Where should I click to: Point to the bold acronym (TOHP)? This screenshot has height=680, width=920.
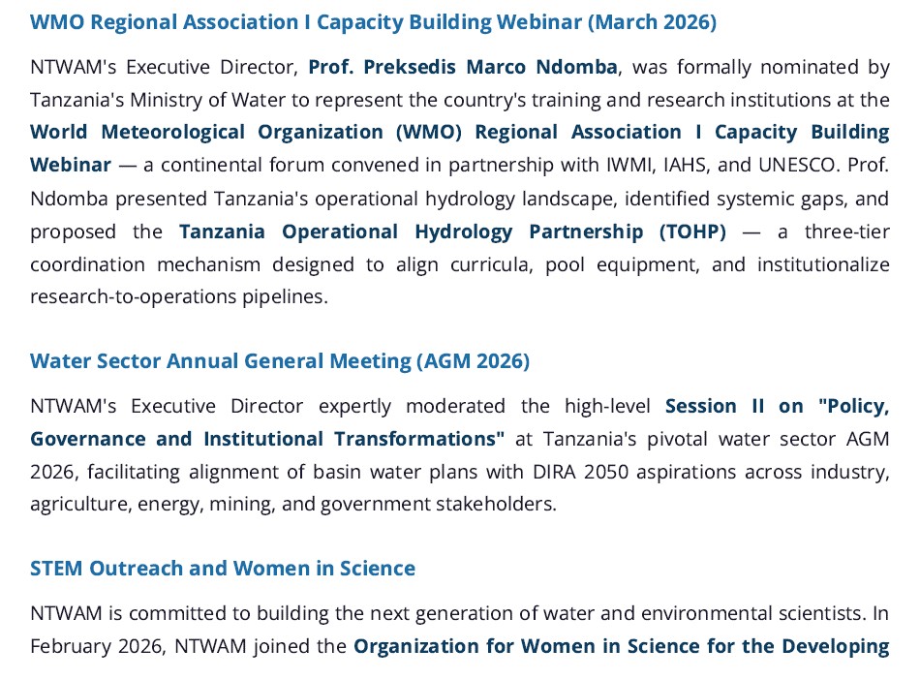pyautogui.click(x=692, y=232)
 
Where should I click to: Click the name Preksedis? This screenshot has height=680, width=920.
pyautogui.click(x=410, y=67)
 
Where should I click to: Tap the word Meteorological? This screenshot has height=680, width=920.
pyautogui.click(x=172, y=132)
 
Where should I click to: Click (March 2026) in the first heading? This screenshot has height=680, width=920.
pyautogui.click(x=652, y=22)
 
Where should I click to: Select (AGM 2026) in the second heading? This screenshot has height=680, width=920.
pyautogui.click(x=473, y=361)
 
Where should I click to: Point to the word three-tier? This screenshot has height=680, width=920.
pyautogui.click(x=847, y=232)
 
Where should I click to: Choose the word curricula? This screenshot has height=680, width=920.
pyautogui.click(x=492, y=264)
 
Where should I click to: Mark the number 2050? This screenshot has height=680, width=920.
pyautogui.click(x=606, y=472)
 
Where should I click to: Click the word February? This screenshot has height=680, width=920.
pyautogui.click(x=70, y=646)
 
